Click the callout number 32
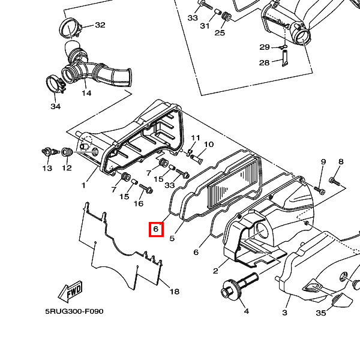coord(100,25)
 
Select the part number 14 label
coord(86,93)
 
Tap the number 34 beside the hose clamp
coord(55,106)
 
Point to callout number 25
coord(220,32)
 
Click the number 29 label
coord(265,47)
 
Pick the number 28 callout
coord(265,63)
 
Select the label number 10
coord(209,145)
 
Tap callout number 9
coord(323,162)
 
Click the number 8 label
coord(341,162)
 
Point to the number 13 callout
coord(47,169)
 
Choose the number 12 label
coord(67,169)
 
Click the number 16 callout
coord(139,203)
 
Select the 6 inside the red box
coord(155,229)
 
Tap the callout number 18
coord(174,292)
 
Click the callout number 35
coord(321,313)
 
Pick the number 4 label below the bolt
coord(245,311)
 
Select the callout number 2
coord(215,271)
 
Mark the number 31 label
coord(205,26)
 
